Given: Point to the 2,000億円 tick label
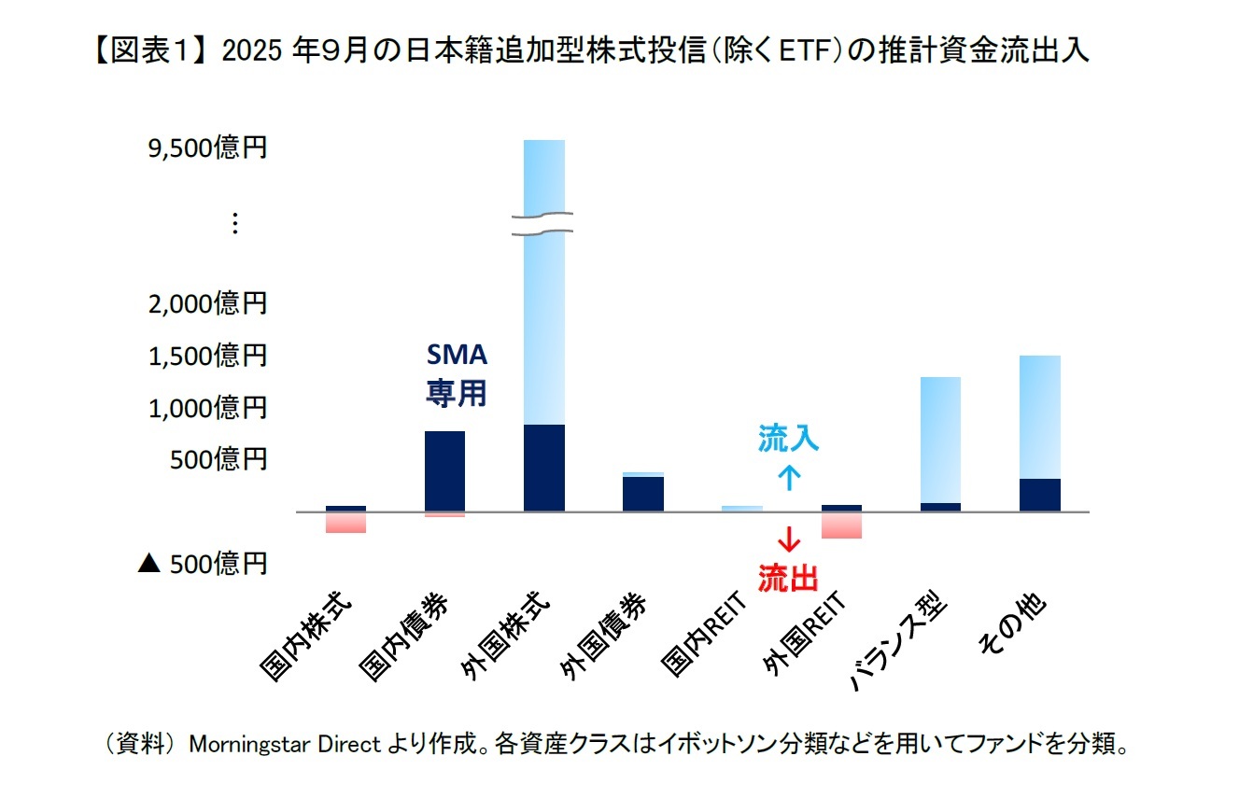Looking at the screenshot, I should (207, 303).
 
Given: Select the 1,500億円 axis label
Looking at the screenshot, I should (207, 356).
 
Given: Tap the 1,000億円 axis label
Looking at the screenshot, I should (207, 408).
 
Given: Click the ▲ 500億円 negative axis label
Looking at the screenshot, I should (203, 564).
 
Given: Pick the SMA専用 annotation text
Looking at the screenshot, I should (457, 374).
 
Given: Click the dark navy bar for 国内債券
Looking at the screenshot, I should (444, 470).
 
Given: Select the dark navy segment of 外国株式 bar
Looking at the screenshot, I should (544, 468).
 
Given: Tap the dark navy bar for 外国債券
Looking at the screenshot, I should (643, 494).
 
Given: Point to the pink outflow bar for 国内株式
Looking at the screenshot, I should (345, 523).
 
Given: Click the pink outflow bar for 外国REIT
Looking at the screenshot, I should (841, 525).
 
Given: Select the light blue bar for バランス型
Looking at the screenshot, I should (940, 439).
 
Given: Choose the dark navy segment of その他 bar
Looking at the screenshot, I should (1039, 495).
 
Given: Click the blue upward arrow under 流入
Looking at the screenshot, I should (789, 479).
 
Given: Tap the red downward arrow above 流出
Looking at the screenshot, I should (789, 539).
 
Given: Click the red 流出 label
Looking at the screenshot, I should (788, 579).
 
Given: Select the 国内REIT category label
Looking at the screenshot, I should (702, 634).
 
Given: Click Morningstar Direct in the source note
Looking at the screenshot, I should (285, 745).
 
